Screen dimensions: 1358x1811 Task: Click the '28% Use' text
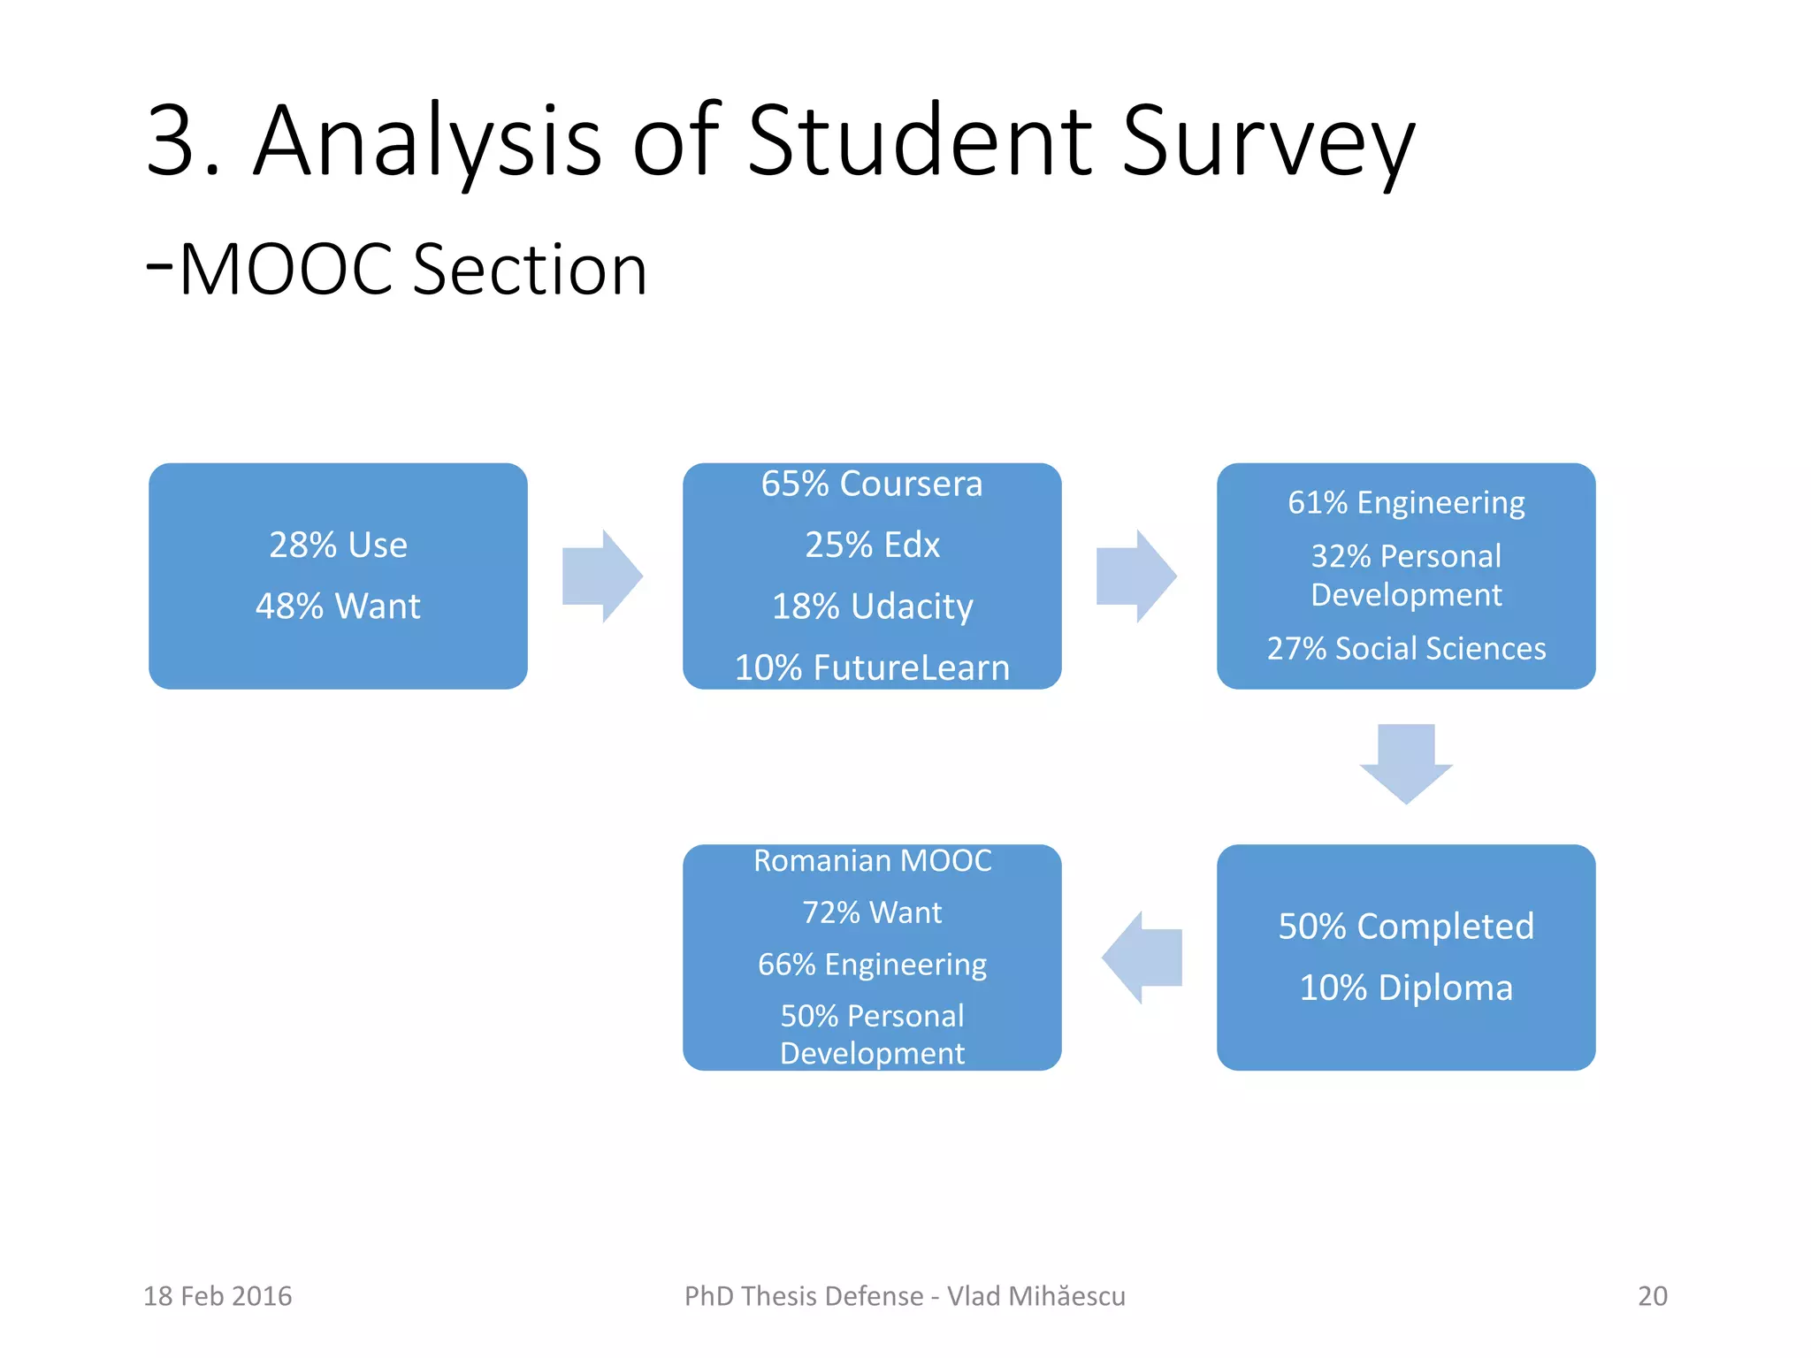point(338,545)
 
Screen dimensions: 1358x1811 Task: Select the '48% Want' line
point(338,607)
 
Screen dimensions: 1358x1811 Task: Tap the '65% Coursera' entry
point(872,484)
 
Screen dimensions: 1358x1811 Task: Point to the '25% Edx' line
point(872,545)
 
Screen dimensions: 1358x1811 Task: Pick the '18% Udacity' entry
point(872,607)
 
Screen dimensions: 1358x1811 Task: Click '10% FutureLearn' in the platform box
point(872,668)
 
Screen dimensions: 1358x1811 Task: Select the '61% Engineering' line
point(1406,503)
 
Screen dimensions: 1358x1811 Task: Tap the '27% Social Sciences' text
point(1406,649)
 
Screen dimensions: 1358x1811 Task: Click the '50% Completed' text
point(1406,927)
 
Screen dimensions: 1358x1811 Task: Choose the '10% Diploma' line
point(1406,988)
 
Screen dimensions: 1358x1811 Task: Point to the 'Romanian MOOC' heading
point(872,861)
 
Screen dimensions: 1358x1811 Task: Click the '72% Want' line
point(872,912)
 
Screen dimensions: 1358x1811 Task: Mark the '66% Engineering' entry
point(872,965)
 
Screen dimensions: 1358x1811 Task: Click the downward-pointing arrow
point(1406,763)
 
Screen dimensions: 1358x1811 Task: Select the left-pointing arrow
point(1142,957)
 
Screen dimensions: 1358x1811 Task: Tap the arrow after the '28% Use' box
point(602,576)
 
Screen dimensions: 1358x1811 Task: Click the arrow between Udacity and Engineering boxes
point(1136,576)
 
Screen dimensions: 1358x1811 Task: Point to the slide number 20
point(1652,1296)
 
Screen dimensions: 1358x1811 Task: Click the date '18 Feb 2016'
point(218,1296)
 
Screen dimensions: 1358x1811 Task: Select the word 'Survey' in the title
point(1268,141)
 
